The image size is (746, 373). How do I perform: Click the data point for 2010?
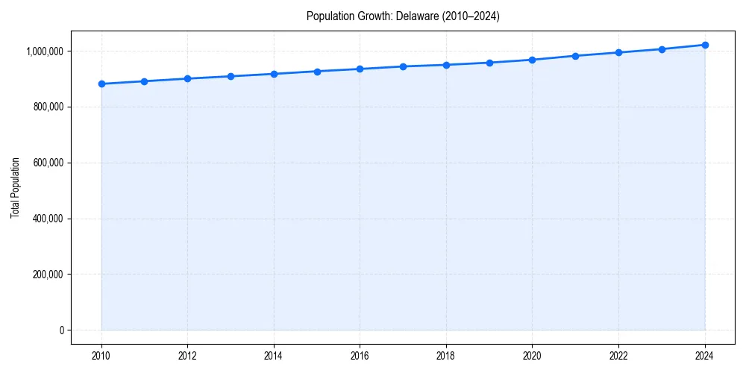pyautogui.click(x=101, y=84)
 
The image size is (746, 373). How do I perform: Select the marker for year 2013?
pyautogui.click(x=231, y=76)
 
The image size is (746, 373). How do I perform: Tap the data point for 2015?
pyautogui.click(x=317, y=72)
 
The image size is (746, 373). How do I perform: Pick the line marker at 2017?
pyautogui.click(x=403, y=66)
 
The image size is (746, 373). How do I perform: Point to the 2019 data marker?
pyautogui.click(x=489, y=63)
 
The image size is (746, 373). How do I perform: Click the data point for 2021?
pyautogui.click(x=575, y=56)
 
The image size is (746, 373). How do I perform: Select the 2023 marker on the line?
pyautogui.click(x=662, y=49)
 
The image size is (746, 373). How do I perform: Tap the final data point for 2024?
pyautogui.click(x=705, y=45)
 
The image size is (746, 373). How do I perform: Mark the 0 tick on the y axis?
pyautogui.click(x=62, y=330)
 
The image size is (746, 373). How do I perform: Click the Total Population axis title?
pyautogui.click(x=15, y=187)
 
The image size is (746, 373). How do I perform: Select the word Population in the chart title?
pyautogui.click(x=327, y=16)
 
